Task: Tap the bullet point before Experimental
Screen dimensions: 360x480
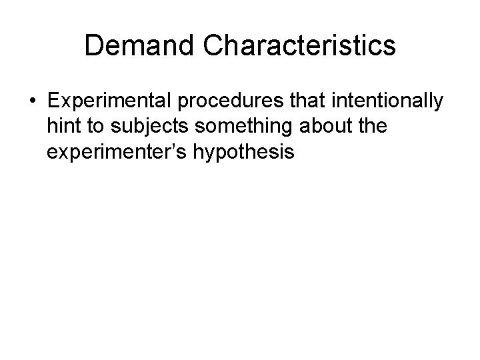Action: [33, 101]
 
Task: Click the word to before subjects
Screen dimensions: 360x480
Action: [95, 127]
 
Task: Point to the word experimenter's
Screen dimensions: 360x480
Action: [117, 153]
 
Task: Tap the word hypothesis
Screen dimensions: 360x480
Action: [243, 153]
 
